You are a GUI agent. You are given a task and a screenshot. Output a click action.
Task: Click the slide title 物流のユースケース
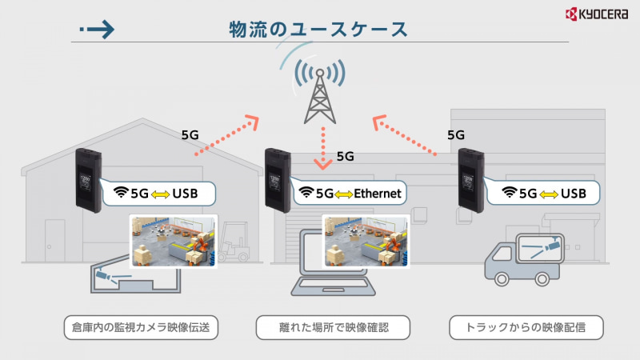(x=318, y=28)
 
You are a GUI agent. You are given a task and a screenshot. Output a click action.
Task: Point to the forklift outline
(x=238, y=238)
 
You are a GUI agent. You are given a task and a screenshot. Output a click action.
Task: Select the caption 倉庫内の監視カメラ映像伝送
(x=141, y=327)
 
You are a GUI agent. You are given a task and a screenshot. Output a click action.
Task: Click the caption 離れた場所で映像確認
(x=333, y=327)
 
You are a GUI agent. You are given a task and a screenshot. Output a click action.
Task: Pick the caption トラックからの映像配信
(x=525, y=327)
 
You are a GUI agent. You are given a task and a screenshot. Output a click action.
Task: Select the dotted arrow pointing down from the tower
(x=323, y=148)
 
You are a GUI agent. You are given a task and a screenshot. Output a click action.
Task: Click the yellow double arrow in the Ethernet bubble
(x=345, y=193)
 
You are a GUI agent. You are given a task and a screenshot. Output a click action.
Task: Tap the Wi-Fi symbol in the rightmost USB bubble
(x=509, y=192)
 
